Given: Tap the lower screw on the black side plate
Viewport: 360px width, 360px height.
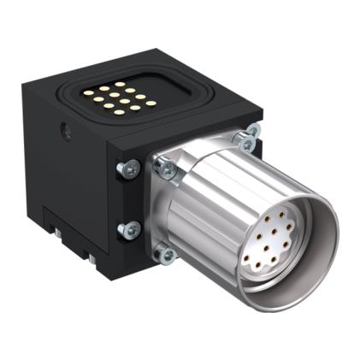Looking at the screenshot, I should (130, 228).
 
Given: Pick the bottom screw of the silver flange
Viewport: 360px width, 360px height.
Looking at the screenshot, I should (162, 251).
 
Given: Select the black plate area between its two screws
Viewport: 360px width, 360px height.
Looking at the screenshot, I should (128, 199).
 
